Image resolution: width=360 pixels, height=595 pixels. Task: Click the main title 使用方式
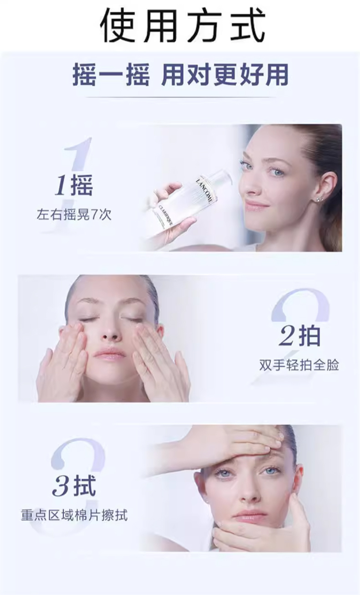tap(183, 25)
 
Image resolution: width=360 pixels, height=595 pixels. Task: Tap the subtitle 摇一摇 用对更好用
tap(180, 75)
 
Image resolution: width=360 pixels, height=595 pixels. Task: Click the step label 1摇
tap(74, 185)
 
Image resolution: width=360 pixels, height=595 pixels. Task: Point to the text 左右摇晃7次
tap(74, 215)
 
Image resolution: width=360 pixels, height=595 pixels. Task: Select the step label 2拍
tap(300, 336)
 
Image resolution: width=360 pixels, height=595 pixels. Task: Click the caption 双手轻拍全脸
tap(299, 365)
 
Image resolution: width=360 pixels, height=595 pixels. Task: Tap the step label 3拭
tap(74, 486)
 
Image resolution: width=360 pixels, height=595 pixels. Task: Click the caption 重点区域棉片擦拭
tap(74, 515)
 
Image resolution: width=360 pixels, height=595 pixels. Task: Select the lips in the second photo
tap(110, 354)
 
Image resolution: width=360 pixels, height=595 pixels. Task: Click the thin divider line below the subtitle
tap(181, 97)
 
